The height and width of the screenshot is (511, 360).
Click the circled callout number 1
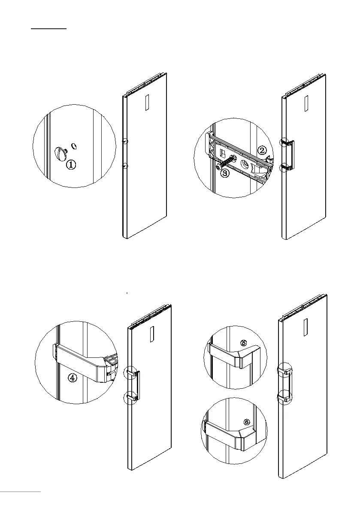click(x=72, y=164)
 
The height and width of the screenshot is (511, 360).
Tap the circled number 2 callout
click(x=262, y=150)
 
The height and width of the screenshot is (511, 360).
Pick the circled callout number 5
click(x=244, y=343)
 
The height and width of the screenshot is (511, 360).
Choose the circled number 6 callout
click(x=246, y=422)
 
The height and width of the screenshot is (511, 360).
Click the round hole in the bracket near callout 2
click(x=246, y=164)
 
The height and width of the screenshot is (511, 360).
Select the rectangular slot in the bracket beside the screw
click(x=223, y=153)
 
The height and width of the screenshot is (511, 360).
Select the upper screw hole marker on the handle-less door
click(x=124, y=141)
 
